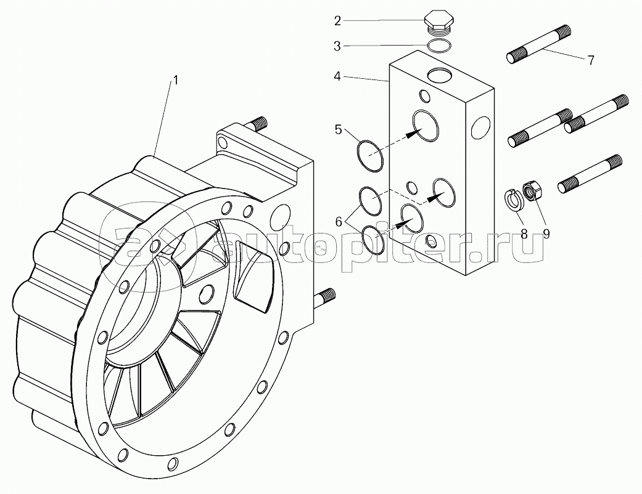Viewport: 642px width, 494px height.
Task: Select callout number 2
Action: (337, 21)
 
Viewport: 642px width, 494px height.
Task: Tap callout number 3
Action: (337, 46)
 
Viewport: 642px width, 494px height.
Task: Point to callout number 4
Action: (337, 77)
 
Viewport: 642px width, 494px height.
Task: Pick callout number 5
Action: (339, 129)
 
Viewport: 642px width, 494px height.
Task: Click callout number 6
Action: (339, 222)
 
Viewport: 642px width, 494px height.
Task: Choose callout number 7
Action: (590, 60)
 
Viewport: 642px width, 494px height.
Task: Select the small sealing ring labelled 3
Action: (438, 45)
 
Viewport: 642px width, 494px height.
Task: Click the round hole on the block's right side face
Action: (479, 128)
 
